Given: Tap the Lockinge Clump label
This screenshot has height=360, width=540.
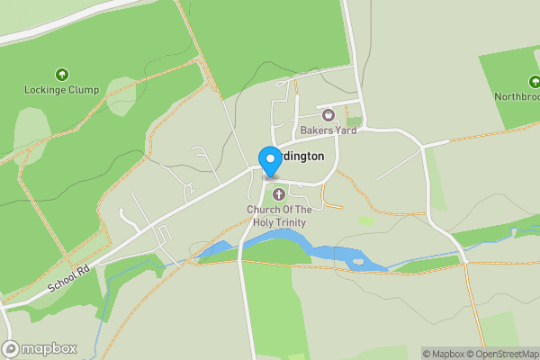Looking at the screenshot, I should [x=61, y=90].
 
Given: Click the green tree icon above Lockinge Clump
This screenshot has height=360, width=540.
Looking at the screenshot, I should [x=61, y=75].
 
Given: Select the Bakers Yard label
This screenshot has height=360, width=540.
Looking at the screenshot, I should [x=328, y=130].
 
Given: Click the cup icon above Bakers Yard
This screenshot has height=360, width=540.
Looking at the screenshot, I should [x=328, y=115].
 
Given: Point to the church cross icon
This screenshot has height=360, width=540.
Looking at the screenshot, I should [x=279, y=193].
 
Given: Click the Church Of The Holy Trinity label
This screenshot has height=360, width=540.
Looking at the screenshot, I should [x=279, y=216].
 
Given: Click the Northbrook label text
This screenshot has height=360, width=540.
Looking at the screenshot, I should [x=517, y=96].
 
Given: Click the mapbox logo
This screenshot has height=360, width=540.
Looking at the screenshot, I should [x=40, y=349].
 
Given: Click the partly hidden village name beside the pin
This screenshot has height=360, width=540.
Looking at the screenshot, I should [x=301, y=156].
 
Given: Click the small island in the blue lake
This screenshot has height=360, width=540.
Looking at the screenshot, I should [x=359, y=262].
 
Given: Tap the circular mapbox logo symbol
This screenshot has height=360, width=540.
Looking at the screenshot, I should [x=12, y=349].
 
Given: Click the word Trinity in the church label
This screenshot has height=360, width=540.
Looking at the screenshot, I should [x=292, y=222].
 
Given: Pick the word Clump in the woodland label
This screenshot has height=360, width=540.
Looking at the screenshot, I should [x=83, y=90].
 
